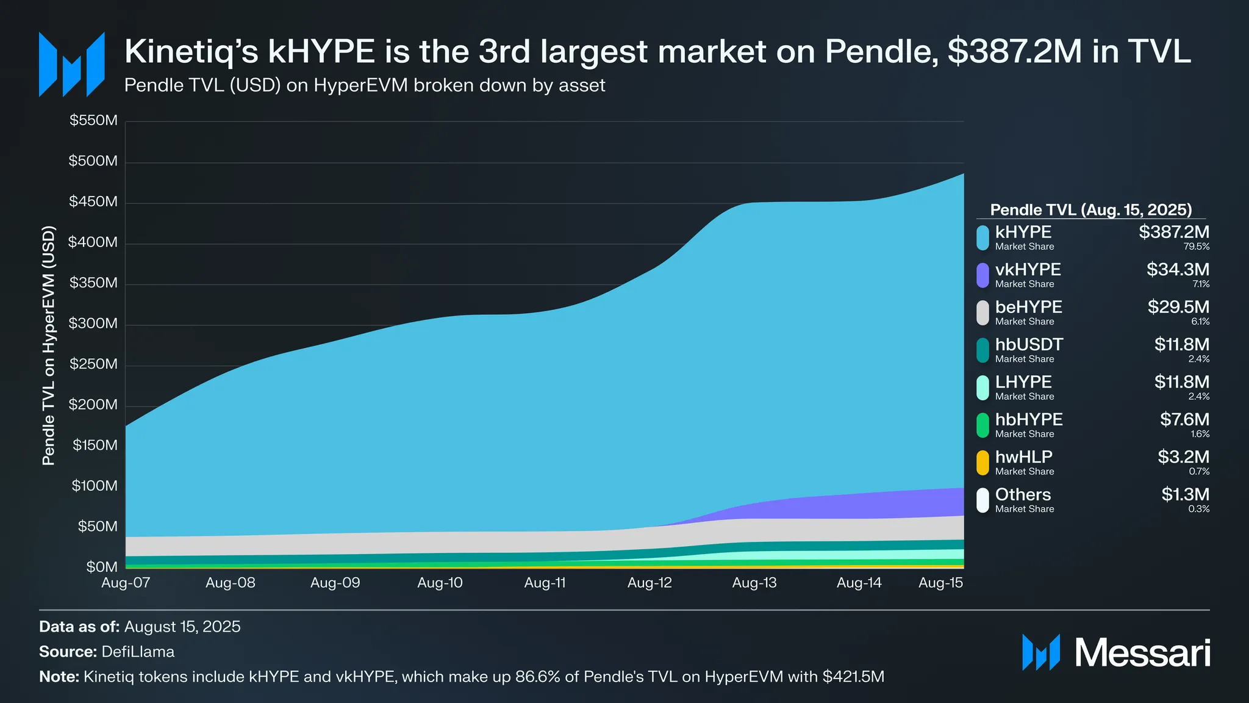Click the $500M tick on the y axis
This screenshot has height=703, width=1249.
(93, 161)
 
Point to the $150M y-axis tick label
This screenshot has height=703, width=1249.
(95, 445)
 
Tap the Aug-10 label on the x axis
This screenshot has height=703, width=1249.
(440, 583)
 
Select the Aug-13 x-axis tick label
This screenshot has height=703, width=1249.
(754, 583)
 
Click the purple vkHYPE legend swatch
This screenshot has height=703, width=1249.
(982, 275)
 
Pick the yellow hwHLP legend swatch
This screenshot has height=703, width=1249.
(982, 463)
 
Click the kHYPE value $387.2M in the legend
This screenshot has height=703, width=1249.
(1174, 232)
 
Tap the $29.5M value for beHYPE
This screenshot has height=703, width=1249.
(1178, 307)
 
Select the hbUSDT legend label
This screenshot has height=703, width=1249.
(1029, 345)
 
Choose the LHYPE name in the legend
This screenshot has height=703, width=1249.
(1023, 382)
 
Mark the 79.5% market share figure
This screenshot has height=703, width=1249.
(1197, 247)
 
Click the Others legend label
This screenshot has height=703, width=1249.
(1023, 494)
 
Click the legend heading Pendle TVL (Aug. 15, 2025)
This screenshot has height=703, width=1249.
(1090, 210)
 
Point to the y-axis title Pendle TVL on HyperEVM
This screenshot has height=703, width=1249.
(49, 345)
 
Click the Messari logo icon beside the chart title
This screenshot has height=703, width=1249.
(72, 65)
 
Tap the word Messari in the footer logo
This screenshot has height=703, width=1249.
(1142, 653)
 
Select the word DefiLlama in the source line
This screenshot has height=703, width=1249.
(138, 652)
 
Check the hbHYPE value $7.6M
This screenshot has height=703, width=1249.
(1184, 420)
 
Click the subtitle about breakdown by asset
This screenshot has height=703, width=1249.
(365, 85)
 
